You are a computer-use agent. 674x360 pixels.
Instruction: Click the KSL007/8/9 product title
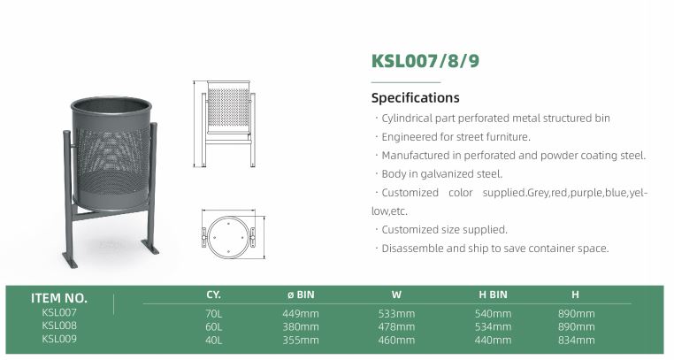(x=425, y=60)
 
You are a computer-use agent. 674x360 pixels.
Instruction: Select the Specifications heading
(x=415, y=98)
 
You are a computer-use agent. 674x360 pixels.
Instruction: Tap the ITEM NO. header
(x=59, y=298)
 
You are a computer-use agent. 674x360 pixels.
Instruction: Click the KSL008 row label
(x=59, y=326)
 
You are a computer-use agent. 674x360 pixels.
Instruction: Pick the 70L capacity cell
(x=214, y=313)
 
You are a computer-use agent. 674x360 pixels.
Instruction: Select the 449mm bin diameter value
(x=301, y=313)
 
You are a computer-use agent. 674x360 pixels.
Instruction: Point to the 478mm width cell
(x=396, y=326)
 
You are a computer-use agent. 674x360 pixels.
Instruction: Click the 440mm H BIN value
(x=493, y=341)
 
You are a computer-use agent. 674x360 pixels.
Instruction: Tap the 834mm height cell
(x=576, y=341)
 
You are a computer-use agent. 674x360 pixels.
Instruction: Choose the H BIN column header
(x=493, y=295)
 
